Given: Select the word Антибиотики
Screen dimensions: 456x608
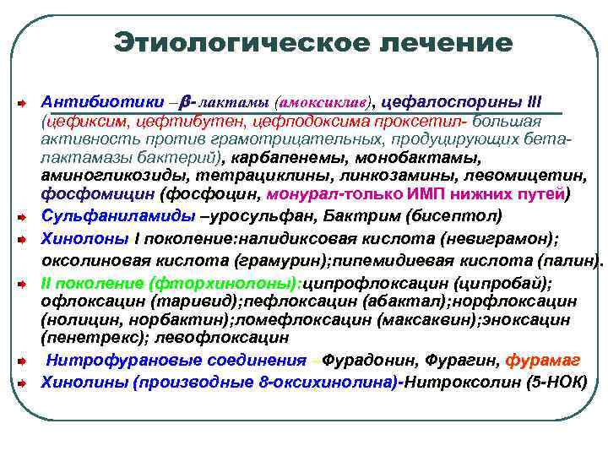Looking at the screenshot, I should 91,100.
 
